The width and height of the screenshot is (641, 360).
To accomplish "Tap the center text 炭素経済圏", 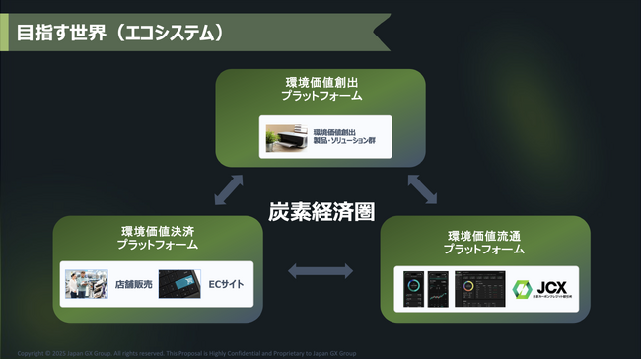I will (x=321, y=211).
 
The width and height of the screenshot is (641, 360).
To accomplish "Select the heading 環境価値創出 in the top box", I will (x=320, y=83).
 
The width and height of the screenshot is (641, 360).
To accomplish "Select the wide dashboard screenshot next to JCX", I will (x=479, y=288).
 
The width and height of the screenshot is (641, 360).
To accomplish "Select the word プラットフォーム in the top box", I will (x=320, y=97).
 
